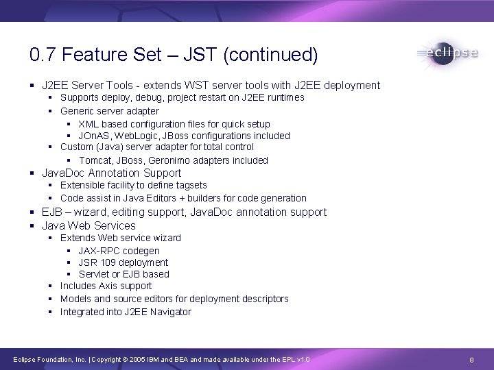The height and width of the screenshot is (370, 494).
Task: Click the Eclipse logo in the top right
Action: tap(447, 53)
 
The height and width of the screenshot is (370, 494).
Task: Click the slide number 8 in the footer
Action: tap(471, 360)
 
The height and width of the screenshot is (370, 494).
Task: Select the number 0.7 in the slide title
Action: tap(40, 54)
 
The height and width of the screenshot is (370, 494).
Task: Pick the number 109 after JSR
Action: tap(108, 262)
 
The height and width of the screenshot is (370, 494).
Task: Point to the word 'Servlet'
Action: tap(93, 274)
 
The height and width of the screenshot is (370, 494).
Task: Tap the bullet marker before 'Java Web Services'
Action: tap(33, 226)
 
